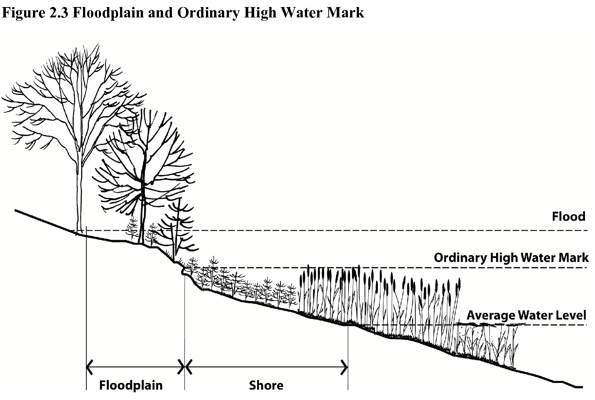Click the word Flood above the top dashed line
569,216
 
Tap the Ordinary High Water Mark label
511,258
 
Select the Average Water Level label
526,315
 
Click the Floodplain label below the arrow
131,386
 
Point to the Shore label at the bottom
266,386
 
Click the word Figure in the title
23,13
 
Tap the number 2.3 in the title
59,12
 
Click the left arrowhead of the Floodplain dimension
89,367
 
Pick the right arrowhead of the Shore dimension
345,367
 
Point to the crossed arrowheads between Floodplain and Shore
185,367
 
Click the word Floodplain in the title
108,13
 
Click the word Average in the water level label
491,315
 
